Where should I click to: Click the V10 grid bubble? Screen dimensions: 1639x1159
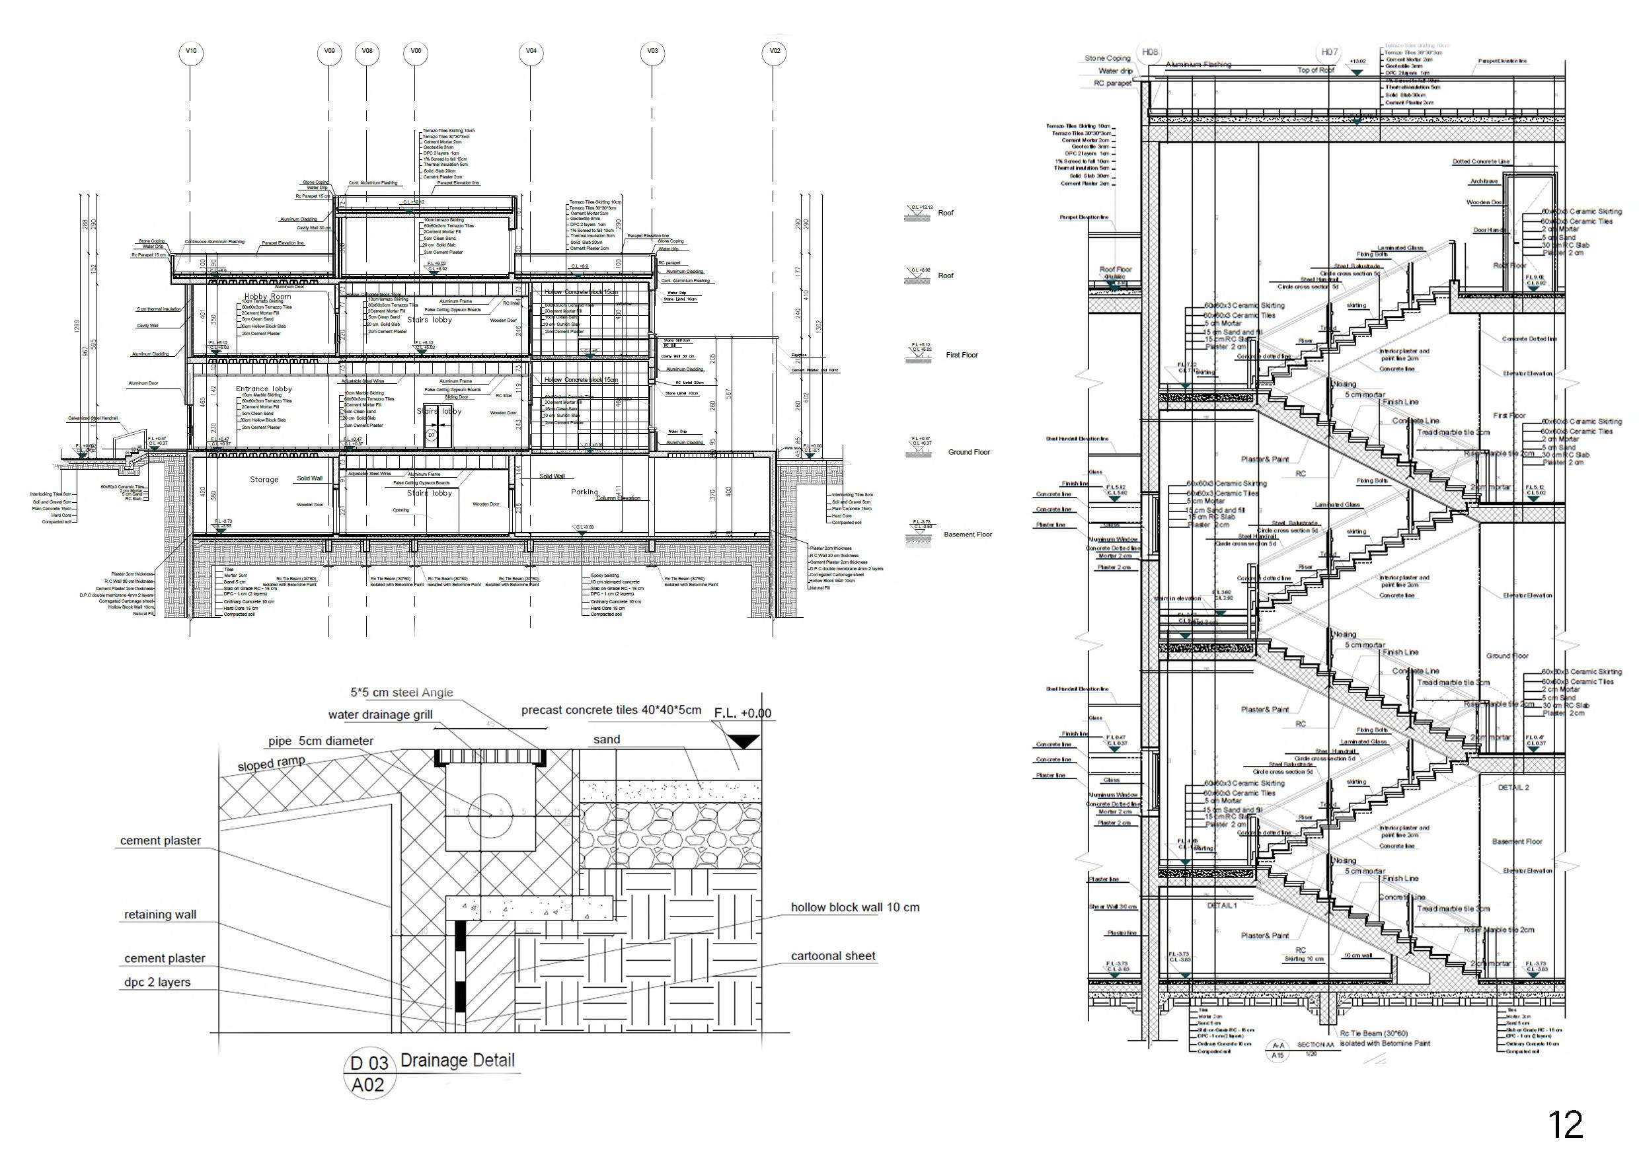click(190, 52)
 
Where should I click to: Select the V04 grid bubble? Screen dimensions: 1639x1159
click(531, 52)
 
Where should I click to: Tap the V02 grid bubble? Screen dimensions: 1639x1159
click(775, 52)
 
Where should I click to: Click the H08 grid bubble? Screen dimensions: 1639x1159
click(1150, 52)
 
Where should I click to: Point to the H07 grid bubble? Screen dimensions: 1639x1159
click(1329, 52)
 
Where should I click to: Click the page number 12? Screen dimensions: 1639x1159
click(1566, 1125)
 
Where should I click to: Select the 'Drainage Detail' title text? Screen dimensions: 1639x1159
click(457, 1061)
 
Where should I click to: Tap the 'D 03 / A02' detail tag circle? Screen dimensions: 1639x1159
click(368, 1074)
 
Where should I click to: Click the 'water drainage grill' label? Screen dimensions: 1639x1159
click(380, 715)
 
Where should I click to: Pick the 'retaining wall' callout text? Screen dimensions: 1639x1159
click(160, 915)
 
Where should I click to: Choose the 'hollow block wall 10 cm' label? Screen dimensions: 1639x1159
click(855, 908)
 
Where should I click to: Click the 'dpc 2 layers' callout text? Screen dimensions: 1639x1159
click(157, 982)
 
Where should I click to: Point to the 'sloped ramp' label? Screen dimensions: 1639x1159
click(270, 764)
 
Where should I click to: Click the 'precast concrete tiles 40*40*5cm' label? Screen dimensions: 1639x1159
click(611, 710)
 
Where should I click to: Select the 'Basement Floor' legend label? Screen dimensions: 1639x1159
click(968, 535)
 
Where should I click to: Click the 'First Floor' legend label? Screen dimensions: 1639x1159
click(962, 355)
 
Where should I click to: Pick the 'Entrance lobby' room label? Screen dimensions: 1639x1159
click(264, 389)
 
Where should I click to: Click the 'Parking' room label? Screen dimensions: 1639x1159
click(585, 492)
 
